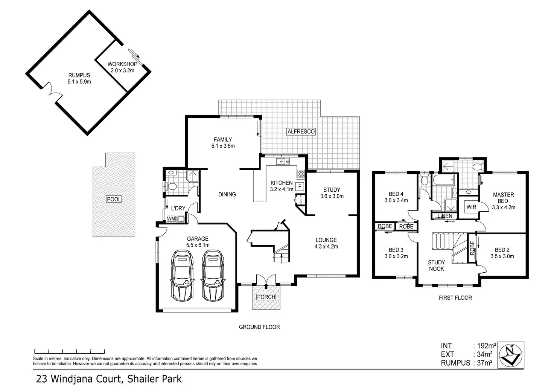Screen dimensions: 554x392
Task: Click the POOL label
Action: tap(114, 199)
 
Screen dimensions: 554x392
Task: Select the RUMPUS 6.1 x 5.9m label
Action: tap(79, 78)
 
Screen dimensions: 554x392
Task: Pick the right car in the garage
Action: tap(213, 275)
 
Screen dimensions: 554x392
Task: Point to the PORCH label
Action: tap(266, 297)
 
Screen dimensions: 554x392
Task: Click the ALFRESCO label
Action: tap(301, 132)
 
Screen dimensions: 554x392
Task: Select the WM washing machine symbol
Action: tap(171, 219)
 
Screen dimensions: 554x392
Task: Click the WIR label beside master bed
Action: tap(471, 207)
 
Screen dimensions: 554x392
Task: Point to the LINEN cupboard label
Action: tap(445, 216)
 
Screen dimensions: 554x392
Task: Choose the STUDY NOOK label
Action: tap(437, 265)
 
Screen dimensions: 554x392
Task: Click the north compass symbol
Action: tap(511, 355)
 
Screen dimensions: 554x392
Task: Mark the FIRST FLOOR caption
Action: tap(455, 297)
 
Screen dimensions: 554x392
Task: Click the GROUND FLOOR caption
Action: tap(259, 327)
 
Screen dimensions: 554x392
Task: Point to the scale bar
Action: tap(69, 350)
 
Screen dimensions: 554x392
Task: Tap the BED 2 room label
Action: tap(504, 253)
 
